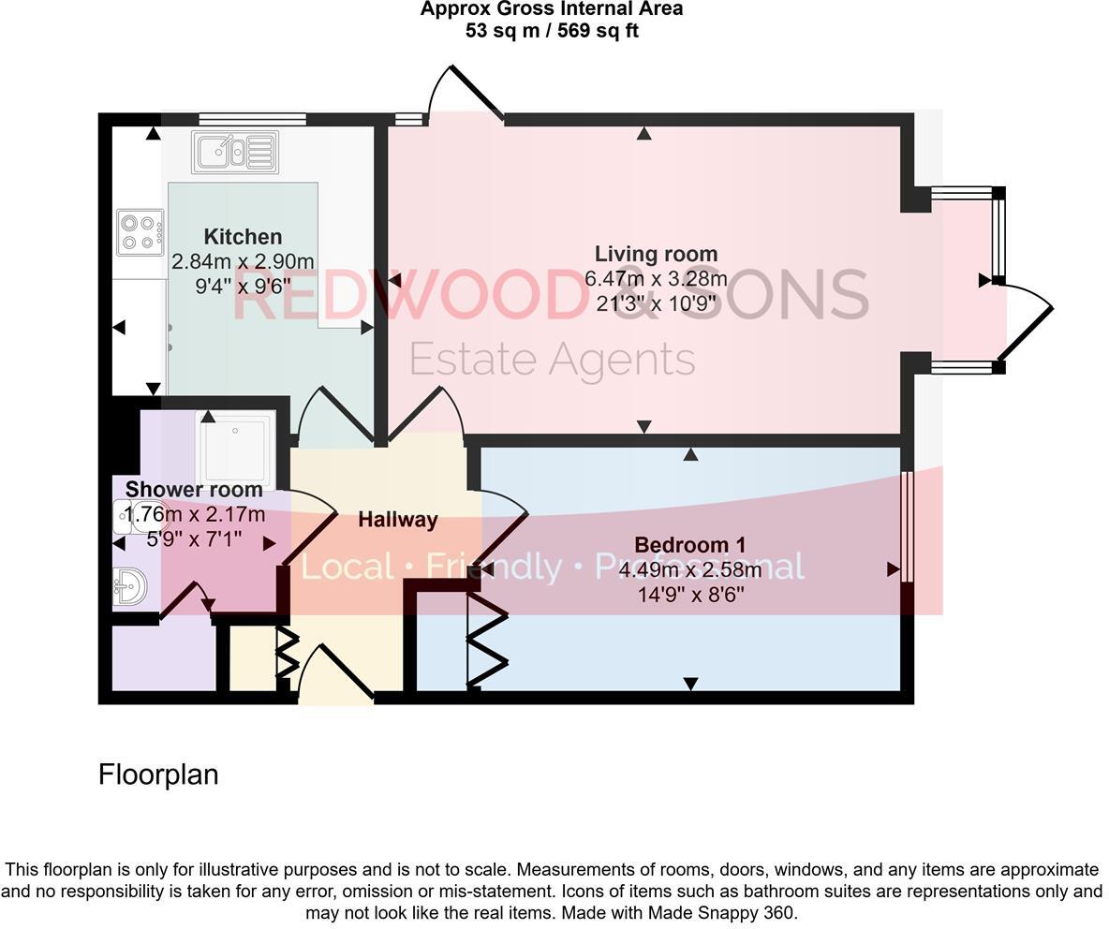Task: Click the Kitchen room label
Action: pyautogui.click(x=243, y=237)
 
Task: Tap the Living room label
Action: pyautogui.click(x=656, y=254)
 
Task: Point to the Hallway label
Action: pyautogui.click(x=397, y=520)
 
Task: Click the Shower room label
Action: pyautogui.click(x=194, y=490)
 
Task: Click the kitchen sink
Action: pyautogui.click(x=235, y=152)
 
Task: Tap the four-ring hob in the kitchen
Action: pyautogui.click(x=140, y=232)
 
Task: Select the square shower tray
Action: pyautogui.click(x=235, y=449)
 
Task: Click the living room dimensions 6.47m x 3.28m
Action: pyautogui.click(x=656, y=279)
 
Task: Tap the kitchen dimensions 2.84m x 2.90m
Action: pyautogui.click(x=243, y=261)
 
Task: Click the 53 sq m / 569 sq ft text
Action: pyautogui.click(x=552, y=31)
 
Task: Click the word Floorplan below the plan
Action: pyautogui.click(x=158, y=774)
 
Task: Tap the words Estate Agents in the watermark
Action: pyautogui.click(x=552, y=360)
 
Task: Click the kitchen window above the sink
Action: pyautogui.click(x=252, y=119)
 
